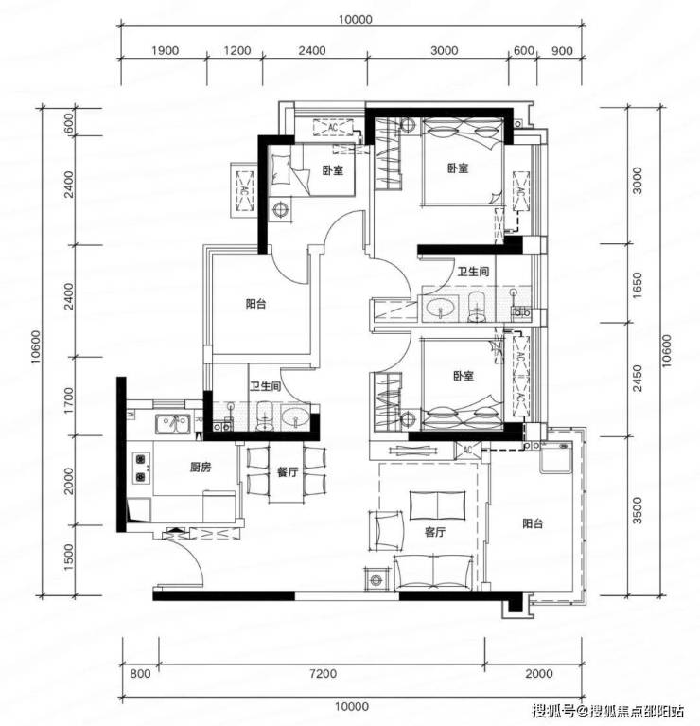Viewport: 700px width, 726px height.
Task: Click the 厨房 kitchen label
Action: pos(201,468)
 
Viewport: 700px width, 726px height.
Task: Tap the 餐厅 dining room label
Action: pos(287,471)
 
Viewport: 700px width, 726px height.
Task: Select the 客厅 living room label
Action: pos(435,532)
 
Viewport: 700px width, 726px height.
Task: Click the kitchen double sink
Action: pos(172,424)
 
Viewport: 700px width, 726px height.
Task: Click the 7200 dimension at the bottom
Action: pos(323,674)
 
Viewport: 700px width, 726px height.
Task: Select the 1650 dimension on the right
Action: pos(638,285)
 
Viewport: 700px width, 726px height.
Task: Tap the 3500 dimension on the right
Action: pos(638,510)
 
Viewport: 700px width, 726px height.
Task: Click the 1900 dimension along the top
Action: pos(165,50)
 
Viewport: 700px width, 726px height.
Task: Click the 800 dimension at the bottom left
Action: pos(140,674)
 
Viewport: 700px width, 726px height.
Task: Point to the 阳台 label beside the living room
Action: pos(533,523)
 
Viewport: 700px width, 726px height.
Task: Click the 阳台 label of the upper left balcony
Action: pos(255,304)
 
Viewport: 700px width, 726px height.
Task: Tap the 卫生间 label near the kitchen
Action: pos(265,385)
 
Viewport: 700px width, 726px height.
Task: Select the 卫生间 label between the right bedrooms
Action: pos(473,272)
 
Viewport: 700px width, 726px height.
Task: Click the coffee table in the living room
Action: pos(438,505)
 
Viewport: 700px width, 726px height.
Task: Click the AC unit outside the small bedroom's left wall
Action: pos(244,191)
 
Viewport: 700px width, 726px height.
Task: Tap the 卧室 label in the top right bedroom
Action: pos(458,168)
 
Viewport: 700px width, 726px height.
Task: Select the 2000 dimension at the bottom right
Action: pos(539,674)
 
